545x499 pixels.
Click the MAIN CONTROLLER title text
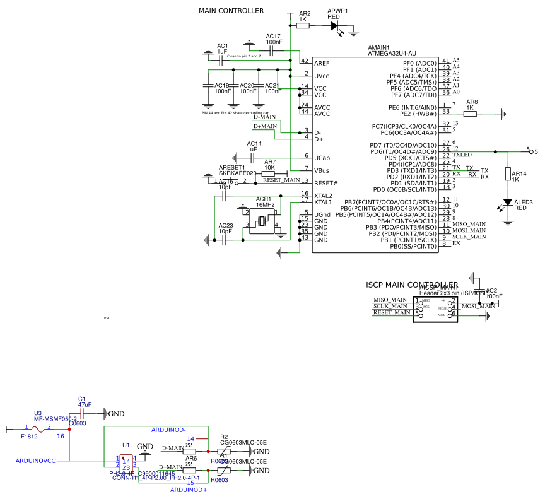[x=231, y=11]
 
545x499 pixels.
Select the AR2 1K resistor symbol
[x=303, y=26]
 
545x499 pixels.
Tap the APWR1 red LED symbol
[x=334, y=26]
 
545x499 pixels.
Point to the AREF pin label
[x=322, y=63]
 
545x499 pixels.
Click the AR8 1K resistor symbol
[x=470, y=114]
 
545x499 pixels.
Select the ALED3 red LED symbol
[x=507, y=203]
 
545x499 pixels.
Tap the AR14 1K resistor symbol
[x=507, y=174]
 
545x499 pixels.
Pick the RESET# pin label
[x=326, y=183]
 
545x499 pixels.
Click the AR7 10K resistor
[x=269, y=173]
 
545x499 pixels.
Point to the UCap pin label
[x=322, y=158]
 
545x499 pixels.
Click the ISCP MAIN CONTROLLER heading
[x=412, y=285]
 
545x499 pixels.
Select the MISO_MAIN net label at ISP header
[x=390, y=300]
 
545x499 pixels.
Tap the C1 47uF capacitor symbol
[x=82, y=413]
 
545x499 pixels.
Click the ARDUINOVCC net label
[x=35, y=461]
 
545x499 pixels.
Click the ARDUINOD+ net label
[x=189, y=490]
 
